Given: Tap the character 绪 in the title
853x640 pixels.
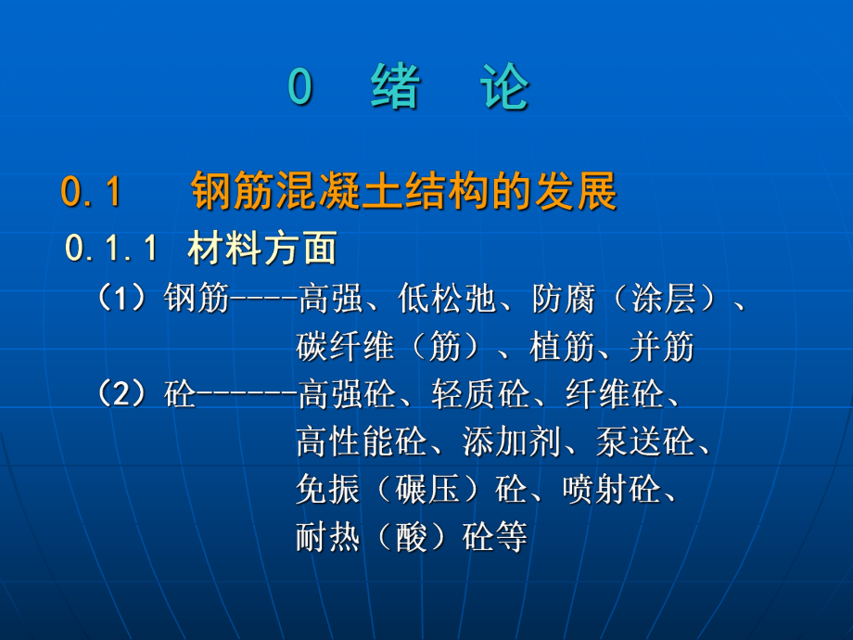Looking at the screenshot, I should point(396,89).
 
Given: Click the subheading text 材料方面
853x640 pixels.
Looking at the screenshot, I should point(261,249).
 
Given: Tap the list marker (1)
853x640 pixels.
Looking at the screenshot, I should point(129,299).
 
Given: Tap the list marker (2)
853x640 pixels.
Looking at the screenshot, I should point(129,395).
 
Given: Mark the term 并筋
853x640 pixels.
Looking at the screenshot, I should point(662,347).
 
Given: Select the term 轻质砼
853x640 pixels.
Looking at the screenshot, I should point(479,395).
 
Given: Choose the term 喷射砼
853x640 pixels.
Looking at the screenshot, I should point(611,491).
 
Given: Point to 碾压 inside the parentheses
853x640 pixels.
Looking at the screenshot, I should point(428,491).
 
